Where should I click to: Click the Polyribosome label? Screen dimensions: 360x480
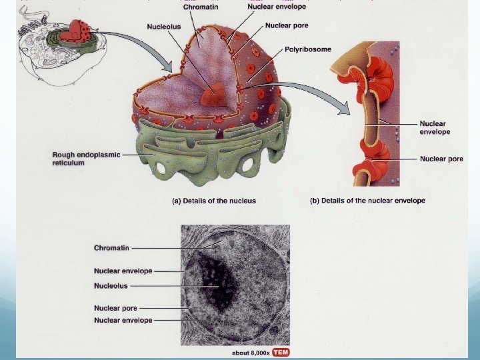point(307,49)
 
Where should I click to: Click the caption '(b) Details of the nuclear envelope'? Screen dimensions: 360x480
point(367,201)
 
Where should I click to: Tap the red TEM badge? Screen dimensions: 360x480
point(280,352)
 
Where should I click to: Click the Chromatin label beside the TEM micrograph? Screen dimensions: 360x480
point(111,248)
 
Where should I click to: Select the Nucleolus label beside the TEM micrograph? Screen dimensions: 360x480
point(111,285)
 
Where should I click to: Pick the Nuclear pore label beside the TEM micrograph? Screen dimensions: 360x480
point(115,309)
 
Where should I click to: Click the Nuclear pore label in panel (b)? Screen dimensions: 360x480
point(441,159)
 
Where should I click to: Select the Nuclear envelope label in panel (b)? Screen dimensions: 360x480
point(435,127)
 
